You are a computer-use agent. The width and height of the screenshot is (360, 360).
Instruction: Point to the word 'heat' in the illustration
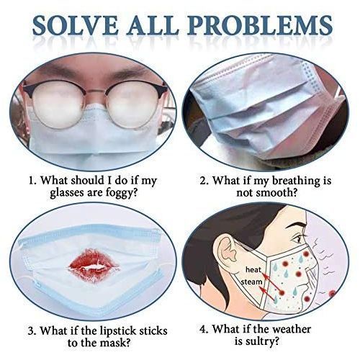tap(253, 269)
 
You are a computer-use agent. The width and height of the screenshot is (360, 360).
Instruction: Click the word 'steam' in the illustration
tap(251, 282)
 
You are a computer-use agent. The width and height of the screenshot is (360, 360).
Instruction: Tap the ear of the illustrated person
tap(227, 252)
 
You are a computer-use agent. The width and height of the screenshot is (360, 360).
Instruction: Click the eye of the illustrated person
tap(298, 238)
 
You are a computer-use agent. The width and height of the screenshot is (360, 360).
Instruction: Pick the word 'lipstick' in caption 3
tap(118, 331)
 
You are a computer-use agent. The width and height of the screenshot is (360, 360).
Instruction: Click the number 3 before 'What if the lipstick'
tap(31, 331)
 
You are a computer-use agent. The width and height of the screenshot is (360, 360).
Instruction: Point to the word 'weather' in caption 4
tap(292, 329)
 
